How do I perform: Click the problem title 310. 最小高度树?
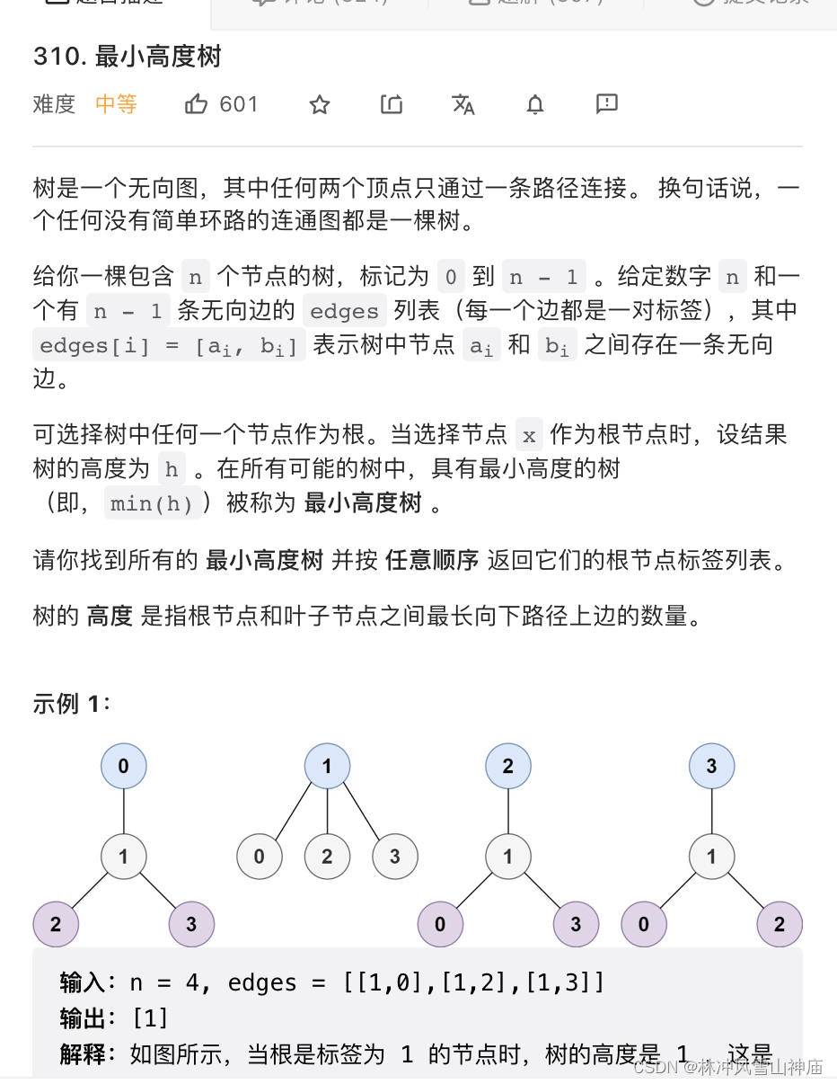point(127,57)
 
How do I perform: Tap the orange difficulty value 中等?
point(116,104)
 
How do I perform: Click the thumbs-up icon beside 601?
point(196,104)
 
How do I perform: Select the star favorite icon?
point(320,105)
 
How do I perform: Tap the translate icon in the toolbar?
point(463,105)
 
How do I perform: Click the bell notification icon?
point(535,105)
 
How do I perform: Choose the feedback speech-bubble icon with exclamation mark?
point(607,104)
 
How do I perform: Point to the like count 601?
point(239,104)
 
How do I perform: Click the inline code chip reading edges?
point(344,312)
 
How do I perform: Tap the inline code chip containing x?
point(529,436)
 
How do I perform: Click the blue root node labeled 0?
point(123,767)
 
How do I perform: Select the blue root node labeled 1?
point(327,767)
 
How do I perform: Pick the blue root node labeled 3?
point(711,767)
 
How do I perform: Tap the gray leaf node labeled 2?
point(327,857)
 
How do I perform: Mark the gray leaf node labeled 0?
point(259,857)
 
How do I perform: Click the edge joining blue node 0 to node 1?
point(123,811)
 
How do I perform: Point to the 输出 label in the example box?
point(82,1018)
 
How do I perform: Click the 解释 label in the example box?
point(82,1054)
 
